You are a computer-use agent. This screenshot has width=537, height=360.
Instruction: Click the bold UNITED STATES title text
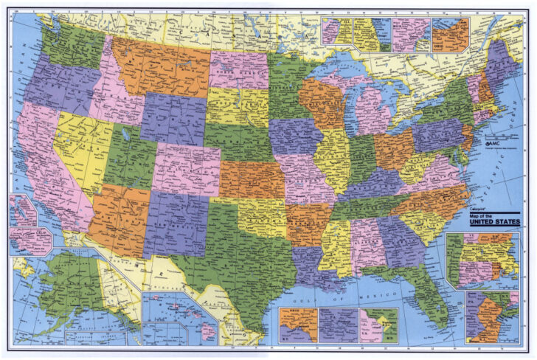click(491, 221)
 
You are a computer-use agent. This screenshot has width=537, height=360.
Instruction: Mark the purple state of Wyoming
click(174, 118)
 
